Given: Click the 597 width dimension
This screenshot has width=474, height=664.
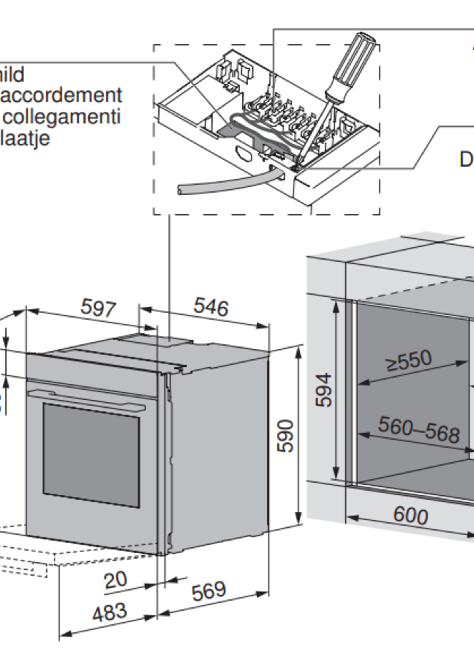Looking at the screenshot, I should tap(98, 308).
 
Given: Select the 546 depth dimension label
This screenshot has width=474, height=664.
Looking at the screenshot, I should tap(211, 307).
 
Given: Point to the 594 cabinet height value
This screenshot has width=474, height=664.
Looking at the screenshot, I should tap(324, 390).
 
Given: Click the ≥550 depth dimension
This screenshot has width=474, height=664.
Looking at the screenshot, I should tap(409, 361).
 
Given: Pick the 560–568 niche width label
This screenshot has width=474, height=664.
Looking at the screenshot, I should tap(419, 429).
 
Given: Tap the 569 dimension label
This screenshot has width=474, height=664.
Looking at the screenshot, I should tap(208, 591).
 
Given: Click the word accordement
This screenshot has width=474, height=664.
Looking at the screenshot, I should tap(61, 96).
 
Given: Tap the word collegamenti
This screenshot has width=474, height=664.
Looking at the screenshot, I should tap(62, 117).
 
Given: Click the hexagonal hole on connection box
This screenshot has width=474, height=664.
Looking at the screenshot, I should tap(243, 153).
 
